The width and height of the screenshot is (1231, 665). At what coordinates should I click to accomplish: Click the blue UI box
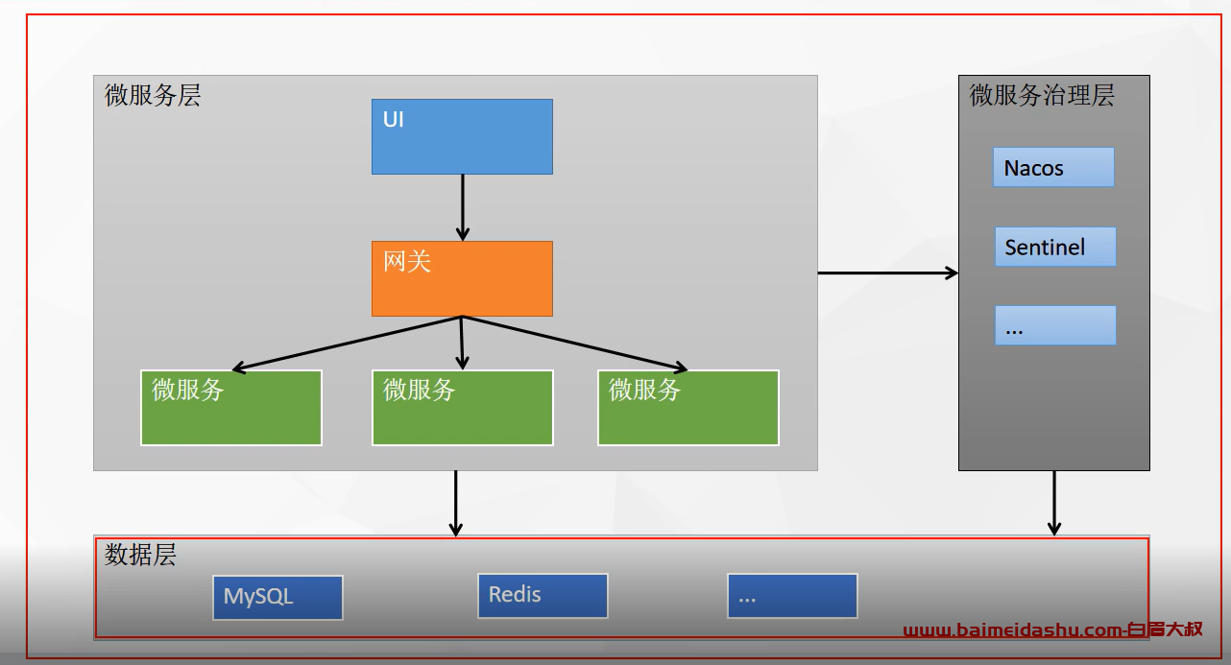[462, 136]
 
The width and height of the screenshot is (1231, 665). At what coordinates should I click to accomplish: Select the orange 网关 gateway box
[462, 278]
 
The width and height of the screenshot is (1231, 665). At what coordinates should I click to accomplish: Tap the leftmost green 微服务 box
[231, 408]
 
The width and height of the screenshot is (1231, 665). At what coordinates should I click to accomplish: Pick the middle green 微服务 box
[463, 408]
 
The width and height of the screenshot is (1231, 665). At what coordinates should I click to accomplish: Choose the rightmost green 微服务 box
[688, 408]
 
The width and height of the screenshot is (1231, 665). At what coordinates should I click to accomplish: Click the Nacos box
[1053, 167]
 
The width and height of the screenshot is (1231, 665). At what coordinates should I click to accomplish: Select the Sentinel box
[1055, 247]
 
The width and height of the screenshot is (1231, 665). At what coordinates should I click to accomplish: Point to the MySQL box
[278, 598]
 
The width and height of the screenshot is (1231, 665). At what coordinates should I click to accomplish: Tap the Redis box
[543, 596]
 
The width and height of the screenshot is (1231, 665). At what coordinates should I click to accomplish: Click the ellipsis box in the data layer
[792, 596]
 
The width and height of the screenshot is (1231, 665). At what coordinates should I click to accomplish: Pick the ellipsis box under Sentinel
[1055, 325]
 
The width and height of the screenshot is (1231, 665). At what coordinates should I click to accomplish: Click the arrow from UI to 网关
[463, 207]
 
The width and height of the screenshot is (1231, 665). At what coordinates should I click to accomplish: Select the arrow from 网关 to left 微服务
[347, 343]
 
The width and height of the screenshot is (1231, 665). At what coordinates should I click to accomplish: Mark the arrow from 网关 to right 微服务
[575, 343]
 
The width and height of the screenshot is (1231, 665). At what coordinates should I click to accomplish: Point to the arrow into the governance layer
[888, 273]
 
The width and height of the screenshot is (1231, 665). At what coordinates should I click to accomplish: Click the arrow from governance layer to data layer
[1054, 503]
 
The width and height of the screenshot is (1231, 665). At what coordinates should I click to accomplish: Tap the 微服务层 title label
[153, 95]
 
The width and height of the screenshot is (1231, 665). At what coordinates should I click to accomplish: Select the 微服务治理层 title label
[1042, 95]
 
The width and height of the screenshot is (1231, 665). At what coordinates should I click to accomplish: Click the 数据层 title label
[141, 555]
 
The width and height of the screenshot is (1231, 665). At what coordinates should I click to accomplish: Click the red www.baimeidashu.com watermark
[1053, 629]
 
